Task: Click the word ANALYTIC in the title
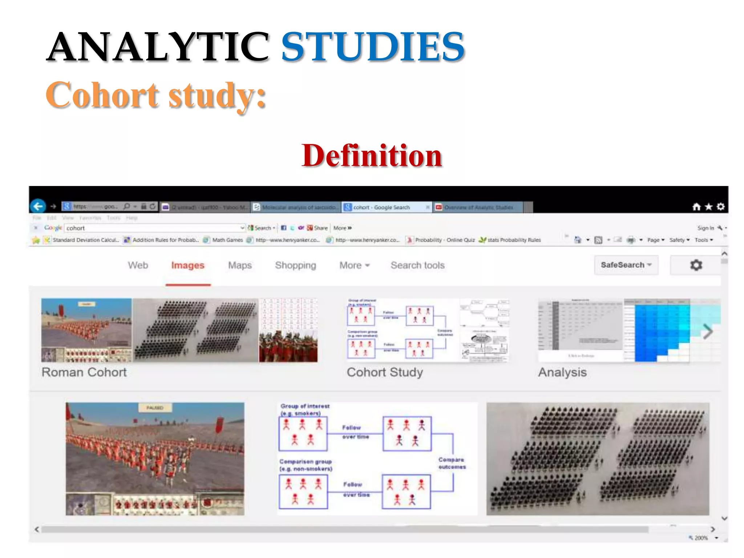tap(158, 47)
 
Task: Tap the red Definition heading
tap(372, 155)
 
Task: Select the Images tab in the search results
tap(187, 266)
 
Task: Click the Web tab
tap(138, 266)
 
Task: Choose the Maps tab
tap(240, 266)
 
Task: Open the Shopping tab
tap(295, 266)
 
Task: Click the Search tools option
tap(417, 266)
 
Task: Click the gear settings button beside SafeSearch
tap(696, 265)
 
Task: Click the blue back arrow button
tap(38, 207)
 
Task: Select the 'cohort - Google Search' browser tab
tap(381, 207)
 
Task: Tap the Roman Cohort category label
tap(84, 372)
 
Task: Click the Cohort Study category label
tap(385, 372)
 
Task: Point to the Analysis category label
tap(562, 372)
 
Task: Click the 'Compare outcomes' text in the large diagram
tap(452, 463)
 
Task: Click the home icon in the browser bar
tap(696, 207)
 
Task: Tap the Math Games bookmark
tap(227, 240)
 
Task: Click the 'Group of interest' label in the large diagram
tap(305, 406)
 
